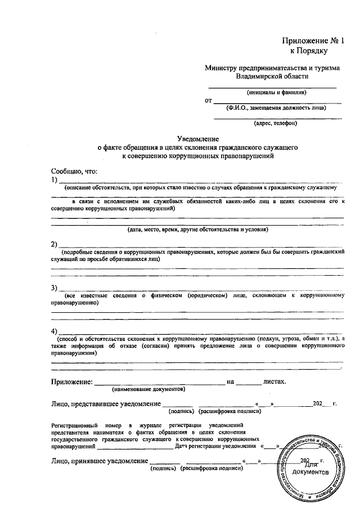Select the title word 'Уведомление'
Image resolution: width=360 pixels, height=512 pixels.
[197, 138]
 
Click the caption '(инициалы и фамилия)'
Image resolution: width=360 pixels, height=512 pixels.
[276, 92]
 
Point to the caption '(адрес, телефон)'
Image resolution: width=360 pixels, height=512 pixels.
[276, 123]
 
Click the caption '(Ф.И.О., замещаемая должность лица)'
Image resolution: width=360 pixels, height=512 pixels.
[276, 107]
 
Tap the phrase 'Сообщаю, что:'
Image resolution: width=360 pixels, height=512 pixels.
[74, 170]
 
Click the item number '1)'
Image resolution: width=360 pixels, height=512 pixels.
[55, 179]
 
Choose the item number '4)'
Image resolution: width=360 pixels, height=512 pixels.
[55, 330]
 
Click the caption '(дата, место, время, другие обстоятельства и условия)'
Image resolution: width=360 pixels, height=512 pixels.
[197, 230]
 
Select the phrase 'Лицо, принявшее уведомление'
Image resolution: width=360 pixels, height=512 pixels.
[98, 461]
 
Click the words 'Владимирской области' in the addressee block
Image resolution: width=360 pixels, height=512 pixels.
[272, 77]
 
